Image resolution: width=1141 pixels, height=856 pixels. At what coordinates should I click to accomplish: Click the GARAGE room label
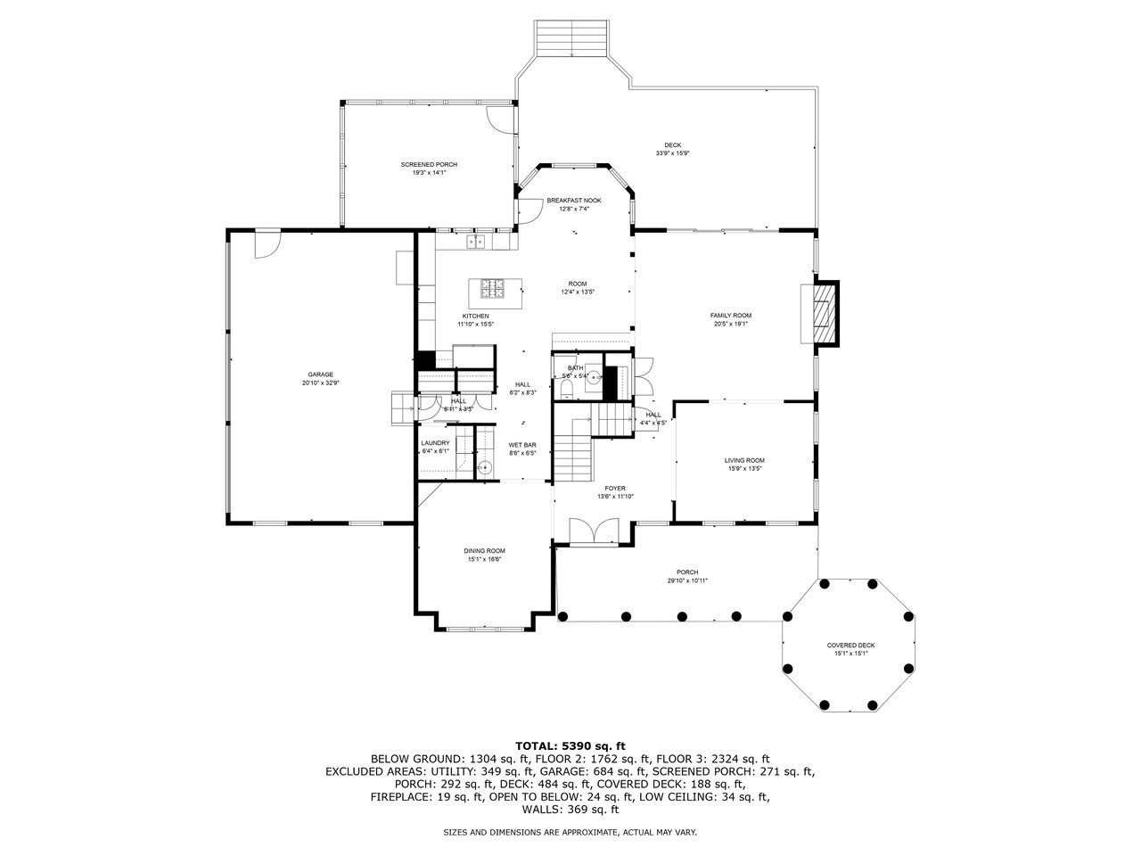[321, 374]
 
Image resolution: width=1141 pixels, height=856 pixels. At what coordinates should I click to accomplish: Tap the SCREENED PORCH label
[429, 165]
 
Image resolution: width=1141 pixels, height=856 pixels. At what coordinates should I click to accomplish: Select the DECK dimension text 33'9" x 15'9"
[673, 153]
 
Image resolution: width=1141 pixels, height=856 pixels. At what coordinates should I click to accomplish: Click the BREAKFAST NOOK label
[574, 201]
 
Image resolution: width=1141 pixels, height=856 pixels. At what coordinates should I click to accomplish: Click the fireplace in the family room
[821, 313]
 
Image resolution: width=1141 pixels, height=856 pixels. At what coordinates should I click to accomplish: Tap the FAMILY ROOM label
[730, 316]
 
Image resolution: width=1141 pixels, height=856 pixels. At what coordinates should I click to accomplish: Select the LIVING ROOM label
[744, 460]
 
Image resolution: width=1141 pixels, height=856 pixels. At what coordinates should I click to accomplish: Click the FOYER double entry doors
[592, 532]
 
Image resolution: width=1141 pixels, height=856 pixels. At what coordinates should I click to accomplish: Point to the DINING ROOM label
[484, 551]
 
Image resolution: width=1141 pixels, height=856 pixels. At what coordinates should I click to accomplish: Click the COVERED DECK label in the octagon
[850, 646]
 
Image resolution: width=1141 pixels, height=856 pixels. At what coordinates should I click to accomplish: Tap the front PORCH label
[687, 572]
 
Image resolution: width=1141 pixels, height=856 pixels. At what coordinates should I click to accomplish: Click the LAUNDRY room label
[435, 443]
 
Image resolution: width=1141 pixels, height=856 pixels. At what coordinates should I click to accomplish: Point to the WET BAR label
[522, 445]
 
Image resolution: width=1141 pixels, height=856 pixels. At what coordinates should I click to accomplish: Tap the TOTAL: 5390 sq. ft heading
[570, 745]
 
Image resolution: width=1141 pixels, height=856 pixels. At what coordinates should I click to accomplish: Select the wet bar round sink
[486, 467]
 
